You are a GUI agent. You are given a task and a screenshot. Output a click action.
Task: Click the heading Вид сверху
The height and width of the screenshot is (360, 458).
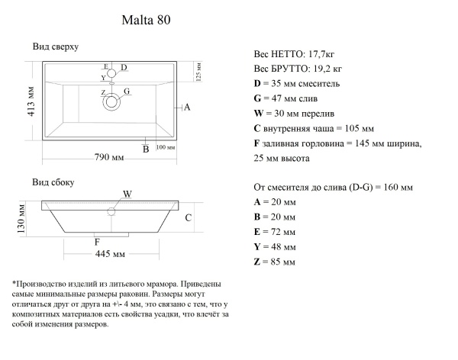pyautogui.click(x=56, y=47)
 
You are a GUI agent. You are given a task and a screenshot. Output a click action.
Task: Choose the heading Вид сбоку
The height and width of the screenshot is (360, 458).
pyautogui.click(x=53, y=183)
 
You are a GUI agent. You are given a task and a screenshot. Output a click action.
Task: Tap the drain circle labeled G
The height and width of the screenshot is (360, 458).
pyautogui.click(x=112, y=101)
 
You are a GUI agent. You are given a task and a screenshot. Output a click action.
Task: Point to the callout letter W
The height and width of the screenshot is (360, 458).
pyautogui.click(x=127, y=194)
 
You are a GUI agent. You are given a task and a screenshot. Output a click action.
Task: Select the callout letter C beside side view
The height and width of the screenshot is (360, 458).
pyautogui.click(x=187, y=217)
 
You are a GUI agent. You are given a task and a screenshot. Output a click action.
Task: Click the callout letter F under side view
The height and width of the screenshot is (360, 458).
pyautogui.click(x=96, y=242)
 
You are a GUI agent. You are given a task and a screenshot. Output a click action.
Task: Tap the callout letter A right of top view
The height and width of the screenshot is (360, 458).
pyautogui.click(x=187, y=108)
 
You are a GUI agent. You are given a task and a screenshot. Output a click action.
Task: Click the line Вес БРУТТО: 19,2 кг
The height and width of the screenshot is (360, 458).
pyautogui.click(x=297, y=69)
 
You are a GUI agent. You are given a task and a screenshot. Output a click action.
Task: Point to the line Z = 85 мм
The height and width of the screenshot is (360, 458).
pyautogui.click(x=273, y=262)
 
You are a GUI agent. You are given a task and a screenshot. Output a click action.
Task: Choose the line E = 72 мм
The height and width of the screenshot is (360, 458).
pyautogui.click(x=273, y=232)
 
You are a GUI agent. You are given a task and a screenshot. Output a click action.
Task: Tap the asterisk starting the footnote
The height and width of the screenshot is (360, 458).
pyautogui.click(x=15, y=283)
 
